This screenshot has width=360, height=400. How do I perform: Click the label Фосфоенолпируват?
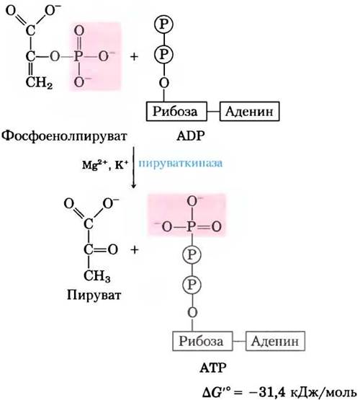64,136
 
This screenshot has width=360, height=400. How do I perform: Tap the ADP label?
190,135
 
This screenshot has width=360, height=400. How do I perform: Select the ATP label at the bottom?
213,368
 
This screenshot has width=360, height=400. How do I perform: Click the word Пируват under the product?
94,295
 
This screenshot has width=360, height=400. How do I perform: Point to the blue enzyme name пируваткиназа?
181,164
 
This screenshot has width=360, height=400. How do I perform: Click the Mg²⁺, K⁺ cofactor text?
105,164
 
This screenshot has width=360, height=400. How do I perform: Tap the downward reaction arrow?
133,168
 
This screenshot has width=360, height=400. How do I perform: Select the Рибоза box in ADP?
176,111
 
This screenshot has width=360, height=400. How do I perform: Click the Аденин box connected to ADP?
249,111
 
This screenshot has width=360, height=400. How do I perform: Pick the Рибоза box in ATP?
202,341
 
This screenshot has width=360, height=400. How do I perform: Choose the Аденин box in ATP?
275,341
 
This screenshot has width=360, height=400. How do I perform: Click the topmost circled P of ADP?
164,25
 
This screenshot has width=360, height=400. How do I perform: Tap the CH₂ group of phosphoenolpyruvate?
39,82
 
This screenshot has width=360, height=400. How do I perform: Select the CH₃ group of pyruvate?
96,276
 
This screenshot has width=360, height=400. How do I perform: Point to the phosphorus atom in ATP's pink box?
192,226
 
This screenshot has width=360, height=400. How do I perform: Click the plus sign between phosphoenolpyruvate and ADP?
134,56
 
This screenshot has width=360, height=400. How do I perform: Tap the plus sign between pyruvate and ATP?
135,249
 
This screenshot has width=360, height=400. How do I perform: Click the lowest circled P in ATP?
192,285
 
